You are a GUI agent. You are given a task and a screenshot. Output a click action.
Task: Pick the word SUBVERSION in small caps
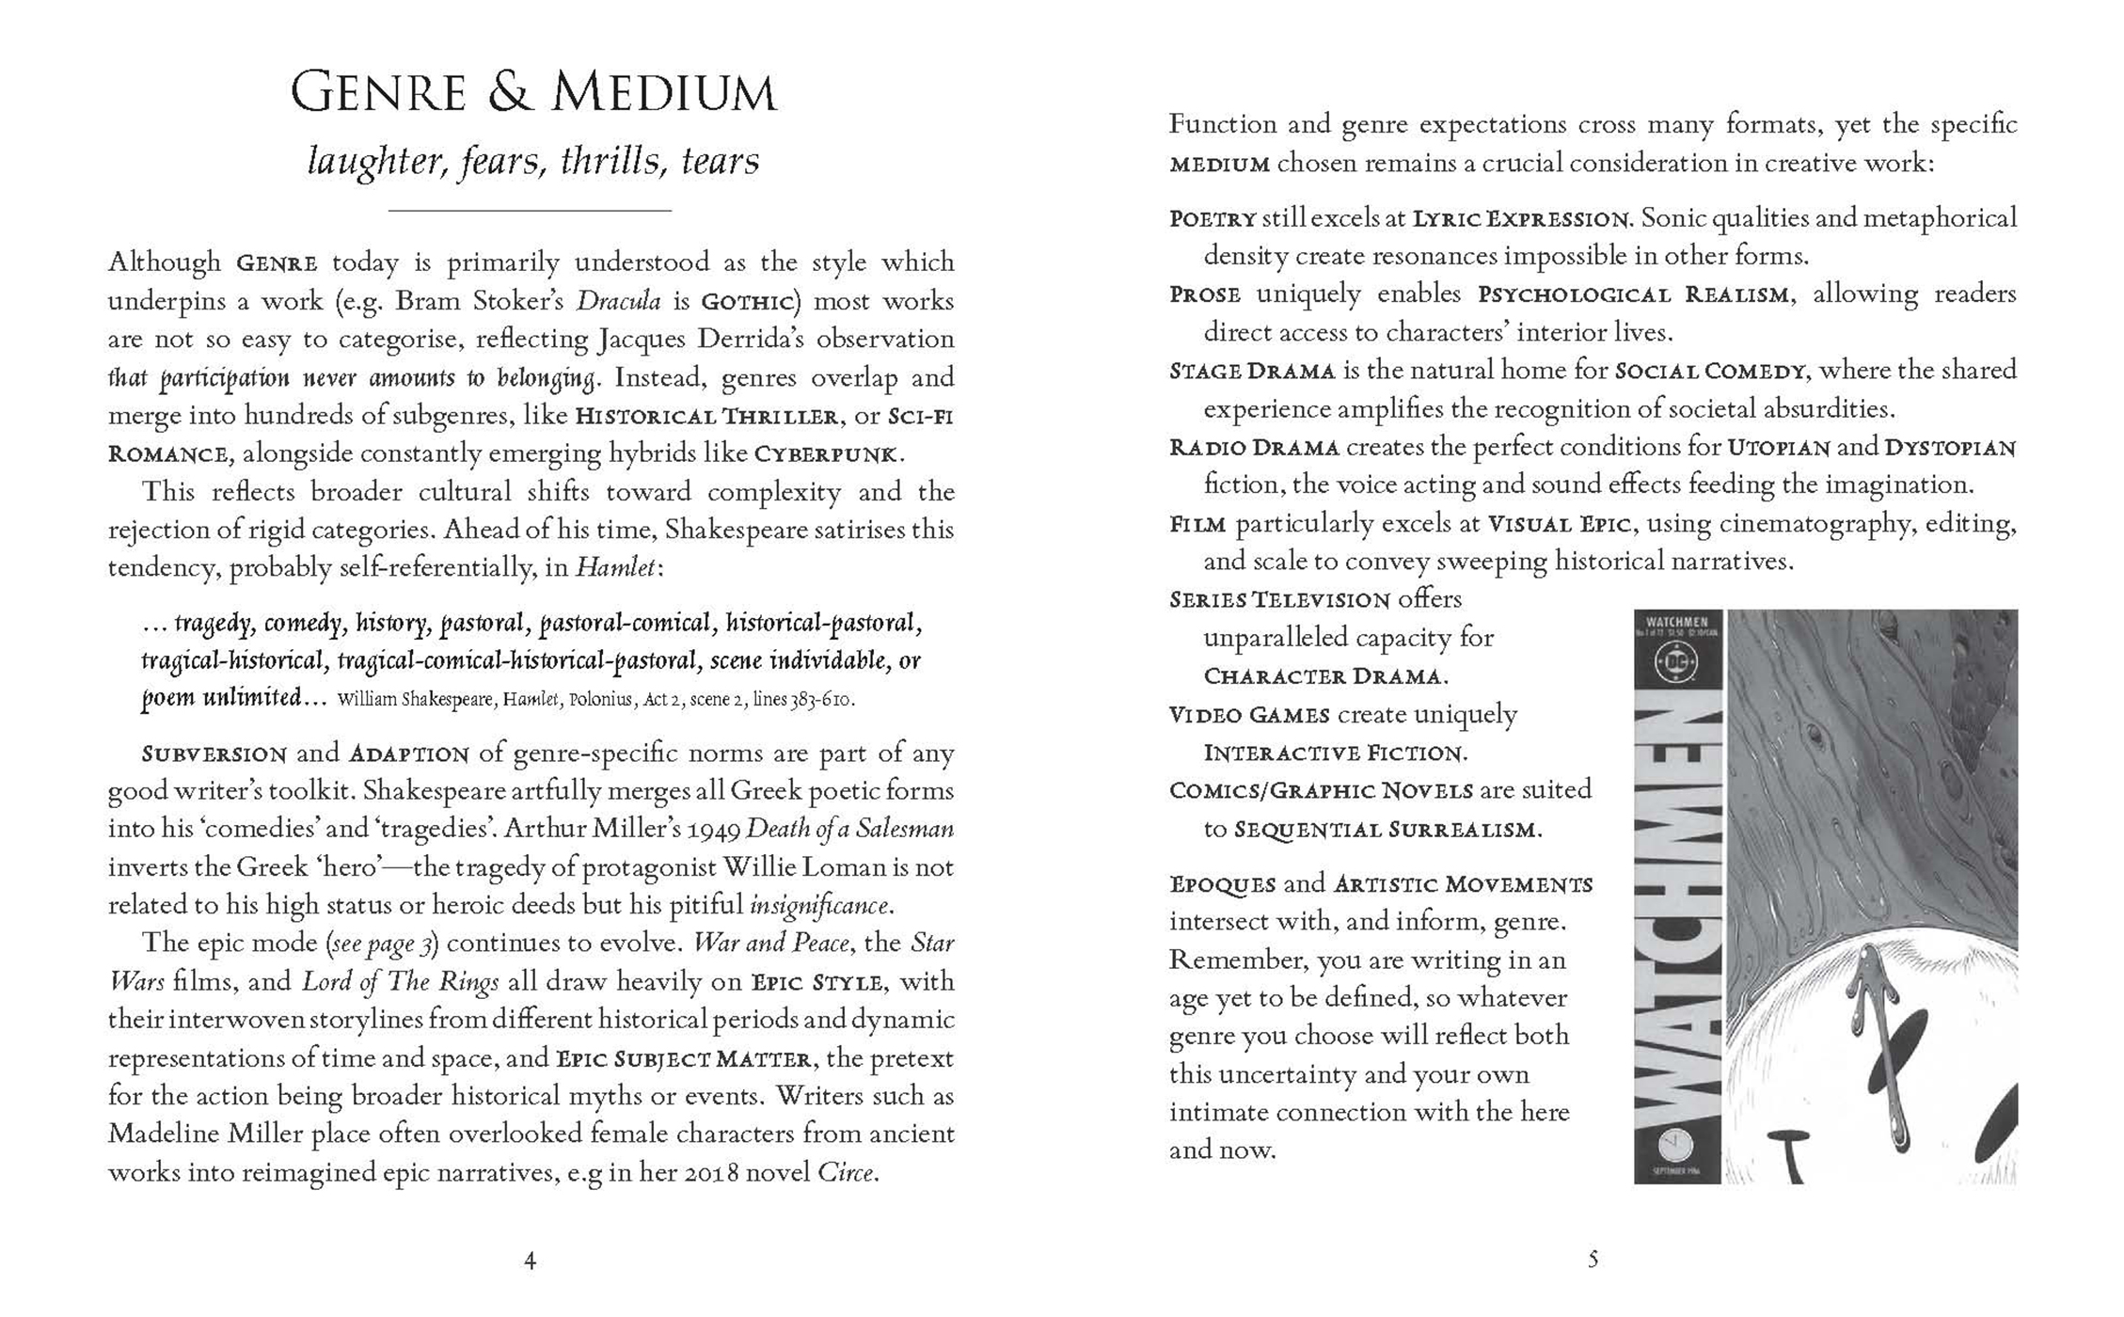pos(214,754)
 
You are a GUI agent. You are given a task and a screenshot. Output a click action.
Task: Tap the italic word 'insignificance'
pos(818,906)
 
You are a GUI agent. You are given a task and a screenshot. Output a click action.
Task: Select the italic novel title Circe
pos(846,1173)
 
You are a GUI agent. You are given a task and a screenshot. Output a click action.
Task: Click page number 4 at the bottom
pos(530,1261)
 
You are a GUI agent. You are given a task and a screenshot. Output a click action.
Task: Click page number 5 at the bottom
pos(1593,1260)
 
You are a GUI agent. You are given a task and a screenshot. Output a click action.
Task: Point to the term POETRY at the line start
pos(1213,219)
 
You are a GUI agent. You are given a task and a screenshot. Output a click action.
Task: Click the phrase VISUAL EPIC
pos(1559,525)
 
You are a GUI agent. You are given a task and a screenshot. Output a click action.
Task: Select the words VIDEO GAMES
pos(1249,716)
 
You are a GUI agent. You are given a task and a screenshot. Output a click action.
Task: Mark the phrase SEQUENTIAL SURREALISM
pos(1385,831)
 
